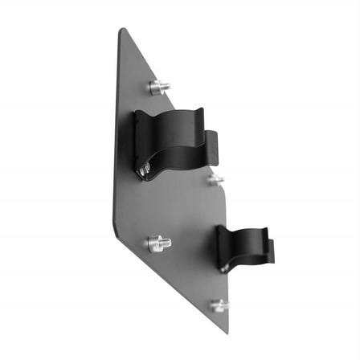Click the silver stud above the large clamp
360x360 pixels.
[x=159, y=87]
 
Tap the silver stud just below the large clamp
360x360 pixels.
[x=215, y=180]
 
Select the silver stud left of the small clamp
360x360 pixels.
[x=159, y=242]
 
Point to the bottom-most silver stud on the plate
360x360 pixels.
[x=219, y=305]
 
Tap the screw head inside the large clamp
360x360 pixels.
[x=144, y=169]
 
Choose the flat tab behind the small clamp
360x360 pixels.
[x=264, y=251]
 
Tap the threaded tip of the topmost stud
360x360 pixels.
[x=166, y=85]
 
